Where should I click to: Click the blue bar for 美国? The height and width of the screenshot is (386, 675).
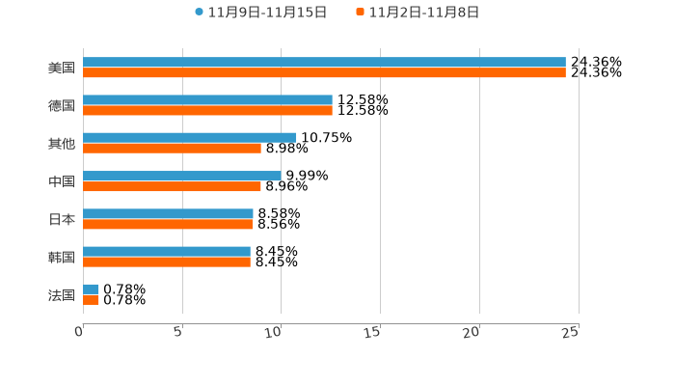point(324,63)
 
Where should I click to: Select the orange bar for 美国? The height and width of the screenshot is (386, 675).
point(324,73)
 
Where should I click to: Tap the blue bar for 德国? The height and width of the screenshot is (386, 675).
point(207,100)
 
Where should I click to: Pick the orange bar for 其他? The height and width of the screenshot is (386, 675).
point(172,149)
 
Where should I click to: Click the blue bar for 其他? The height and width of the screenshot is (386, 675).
point(190,138)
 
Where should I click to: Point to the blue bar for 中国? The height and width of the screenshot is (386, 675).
point(182,176)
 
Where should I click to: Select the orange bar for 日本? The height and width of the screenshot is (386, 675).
point(168,224)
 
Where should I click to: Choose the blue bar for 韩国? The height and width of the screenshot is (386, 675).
point(167,252)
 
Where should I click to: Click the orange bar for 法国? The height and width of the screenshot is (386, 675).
point(91,300)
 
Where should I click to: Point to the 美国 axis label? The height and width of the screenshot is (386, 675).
point(62,69)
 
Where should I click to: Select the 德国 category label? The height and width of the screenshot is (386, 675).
point(62,106)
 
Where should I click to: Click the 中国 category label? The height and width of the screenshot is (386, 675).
point(62,181)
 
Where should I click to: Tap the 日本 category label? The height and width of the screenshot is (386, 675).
point(62,219)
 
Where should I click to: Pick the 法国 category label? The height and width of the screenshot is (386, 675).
point(62,295)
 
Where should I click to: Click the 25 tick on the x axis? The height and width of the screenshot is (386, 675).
point(571,332)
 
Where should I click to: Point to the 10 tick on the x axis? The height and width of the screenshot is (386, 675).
point(274,332)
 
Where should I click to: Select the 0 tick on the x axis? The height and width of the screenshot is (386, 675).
point(80,332)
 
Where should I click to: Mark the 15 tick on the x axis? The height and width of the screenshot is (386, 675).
point(373,332)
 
